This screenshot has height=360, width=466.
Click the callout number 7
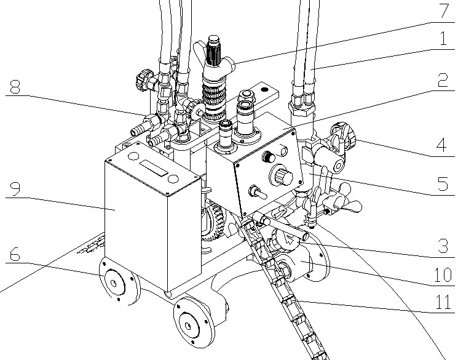click(x=443, y=11)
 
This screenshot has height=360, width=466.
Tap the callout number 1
click(x=443, y=39)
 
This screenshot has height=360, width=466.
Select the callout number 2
click(x=443, y=80)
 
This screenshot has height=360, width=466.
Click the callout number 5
click(x=443, y=184)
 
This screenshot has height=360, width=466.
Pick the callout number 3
click(x=443, y=246)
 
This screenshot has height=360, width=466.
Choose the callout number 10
click(x=443, y=274)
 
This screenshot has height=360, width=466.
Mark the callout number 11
click(x=443, y=302)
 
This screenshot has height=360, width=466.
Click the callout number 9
click(x=15, y=189)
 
